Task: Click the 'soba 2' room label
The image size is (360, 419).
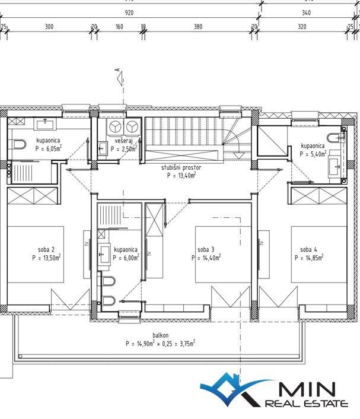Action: tap(46, 250)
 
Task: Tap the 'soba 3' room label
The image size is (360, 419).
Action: tap(206, 250)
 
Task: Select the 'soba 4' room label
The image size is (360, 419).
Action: tap(308, 250)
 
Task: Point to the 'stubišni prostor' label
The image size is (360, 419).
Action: tap(181, 167)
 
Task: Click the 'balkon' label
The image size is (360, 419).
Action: tap(160, 335)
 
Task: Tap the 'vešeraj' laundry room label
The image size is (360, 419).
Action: tap(123, 141)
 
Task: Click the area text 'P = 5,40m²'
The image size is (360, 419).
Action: tap(313, 154)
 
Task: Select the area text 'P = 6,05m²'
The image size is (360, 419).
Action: tap(49, 148)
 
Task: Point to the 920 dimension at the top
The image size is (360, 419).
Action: tap(129, 13)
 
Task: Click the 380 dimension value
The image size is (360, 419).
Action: tap(198, 27)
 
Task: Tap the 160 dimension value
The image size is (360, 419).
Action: tap(119, 27)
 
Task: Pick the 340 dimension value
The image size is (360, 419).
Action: tap(306, 13)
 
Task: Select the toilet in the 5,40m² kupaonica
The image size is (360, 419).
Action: tap(334, 138)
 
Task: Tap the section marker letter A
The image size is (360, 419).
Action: tap(117, 69)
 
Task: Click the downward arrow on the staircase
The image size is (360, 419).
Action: tap(239, 155)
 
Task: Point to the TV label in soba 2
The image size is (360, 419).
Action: tap(86, 244)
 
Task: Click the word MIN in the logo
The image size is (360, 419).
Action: tap(307, 389)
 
